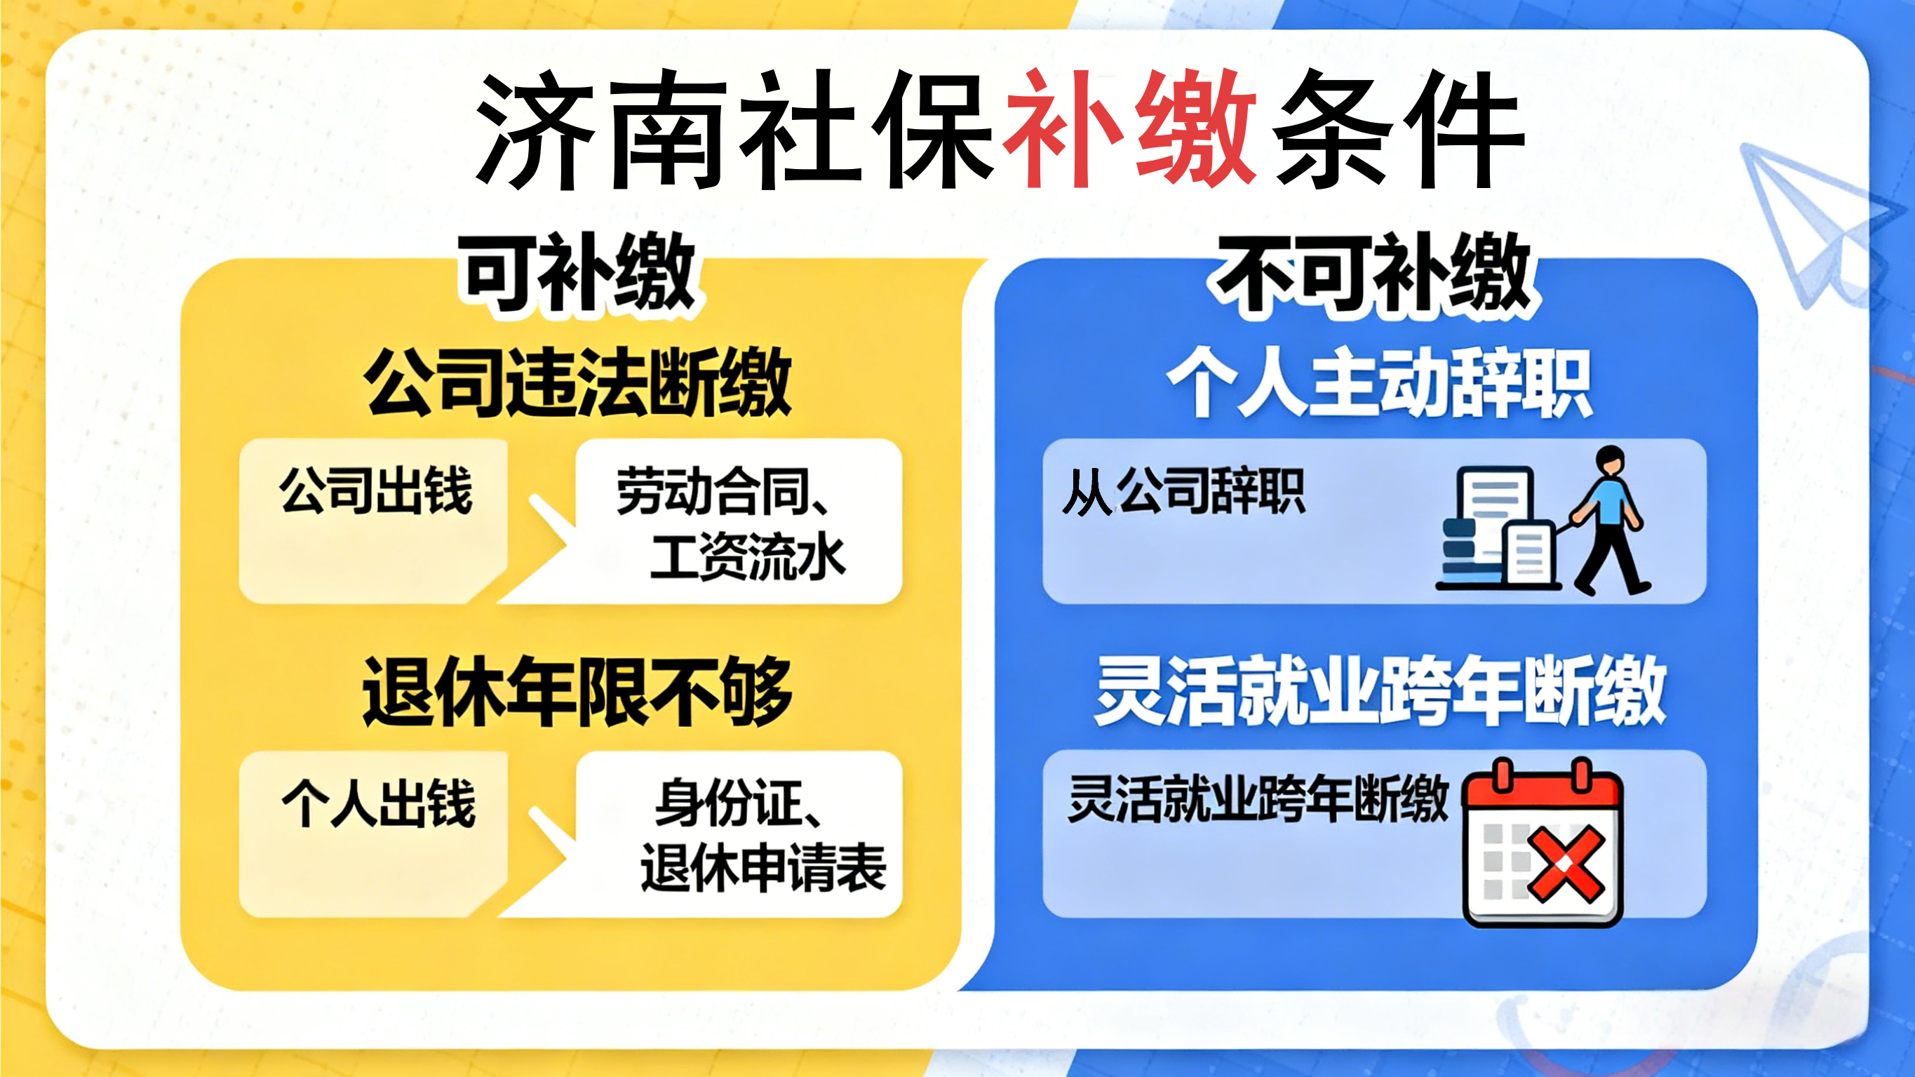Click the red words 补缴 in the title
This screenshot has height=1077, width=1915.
pyautogui.click(x=1130, y=128)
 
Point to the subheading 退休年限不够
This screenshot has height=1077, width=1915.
pyautogui.click(x=577, y=692)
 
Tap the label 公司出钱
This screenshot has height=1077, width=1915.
pyautogui.click(x=376, y=491)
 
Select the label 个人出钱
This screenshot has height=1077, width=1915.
pyautogui.click(x=378, y=803)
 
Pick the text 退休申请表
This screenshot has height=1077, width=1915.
pyautogui.click(x=763, y=867)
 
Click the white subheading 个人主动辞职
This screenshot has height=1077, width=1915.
pyautogui.click(x=1380, y=383)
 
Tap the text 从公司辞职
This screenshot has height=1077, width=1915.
pyautogui.click(x=1183, y=491)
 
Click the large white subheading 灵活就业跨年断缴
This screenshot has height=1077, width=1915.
pyautogui.click(x=1380, y=692)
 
